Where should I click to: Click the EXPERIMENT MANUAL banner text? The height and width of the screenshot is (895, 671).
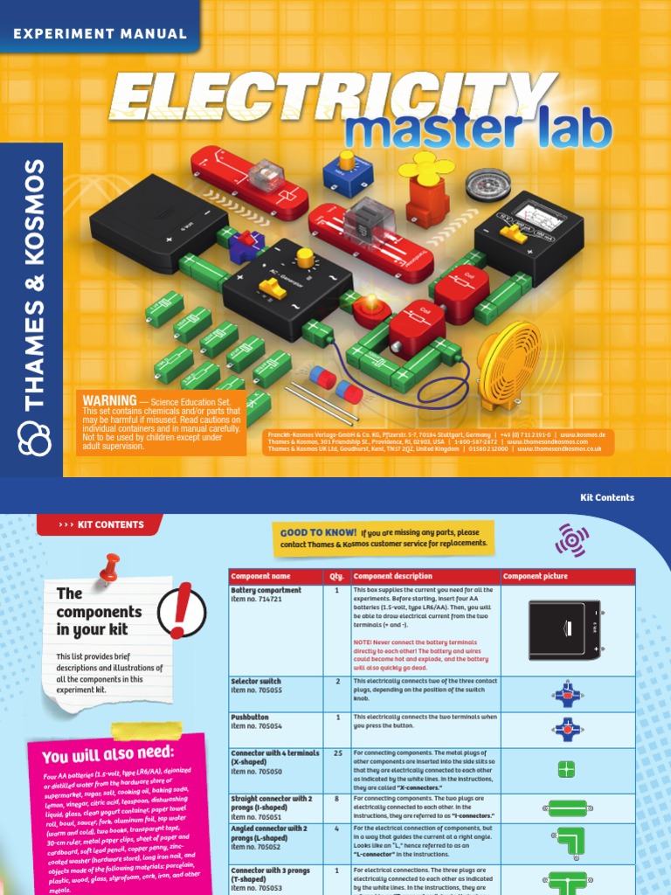[99, 34]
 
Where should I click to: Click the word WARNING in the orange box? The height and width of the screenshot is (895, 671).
[109, 399]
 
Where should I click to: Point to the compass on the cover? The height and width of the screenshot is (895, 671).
[481, 184]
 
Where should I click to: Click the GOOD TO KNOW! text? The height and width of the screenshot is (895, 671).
[318, 532]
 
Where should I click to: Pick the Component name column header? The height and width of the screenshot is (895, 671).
[260, 577]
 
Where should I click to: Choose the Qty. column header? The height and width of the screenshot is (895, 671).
[336, 577]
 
